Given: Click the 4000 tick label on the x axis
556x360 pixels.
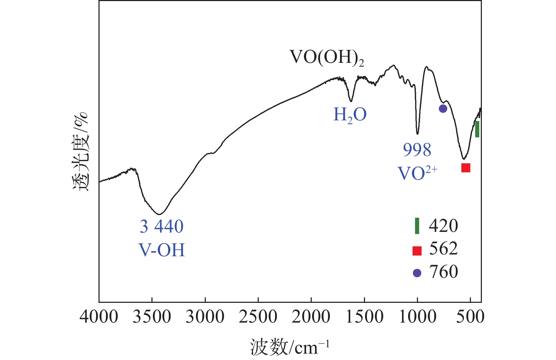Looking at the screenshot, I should pyautogui.click(x=99, y=317).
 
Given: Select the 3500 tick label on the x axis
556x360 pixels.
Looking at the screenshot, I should pyautogui.click(x=152, y=317).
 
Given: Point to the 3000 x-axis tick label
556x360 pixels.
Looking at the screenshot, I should pyautogui.click(x=205, y=317).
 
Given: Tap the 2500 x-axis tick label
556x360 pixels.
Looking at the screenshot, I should pyautogui.click(x=258, y=317).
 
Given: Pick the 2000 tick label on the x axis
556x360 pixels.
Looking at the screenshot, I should pyautogui.click(x=311, y=317).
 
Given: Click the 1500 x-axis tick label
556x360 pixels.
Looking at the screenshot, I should pyautogui.click(x=364, y=317).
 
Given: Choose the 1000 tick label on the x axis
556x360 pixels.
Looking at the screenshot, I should pyautogui.click(x=417, y=317).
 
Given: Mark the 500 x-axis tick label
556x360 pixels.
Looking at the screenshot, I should pyautogui.click(x=470, y=317).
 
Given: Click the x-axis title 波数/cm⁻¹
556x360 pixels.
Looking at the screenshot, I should pyautogui.click(x=289, y=347).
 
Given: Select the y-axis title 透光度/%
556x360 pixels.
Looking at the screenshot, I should pyautogui.click(x=80, y=152).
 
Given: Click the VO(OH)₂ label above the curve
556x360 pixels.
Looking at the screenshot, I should pyautogui.click(x=327, y=58).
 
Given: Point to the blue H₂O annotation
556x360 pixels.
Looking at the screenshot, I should pyautogui.click(x=350, y=115).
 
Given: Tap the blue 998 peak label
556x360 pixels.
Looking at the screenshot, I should pyautogui.click(x=417, y=150).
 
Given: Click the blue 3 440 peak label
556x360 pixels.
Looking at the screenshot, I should pyautogui.click(x=162, y=227).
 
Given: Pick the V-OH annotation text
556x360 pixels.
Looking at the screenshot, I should pyautogui.click(x=162, y=250).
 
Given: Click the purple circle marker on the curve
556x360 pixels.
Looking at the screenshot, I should pyautogui.click(x=443, y=109).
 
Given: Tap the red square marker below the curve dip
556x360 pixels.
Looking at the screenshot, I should pyautogui.click(x=466, y=168).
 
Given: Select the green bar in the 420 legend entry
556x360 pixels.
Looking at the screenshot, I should pyautogui.click(x=417, y=226).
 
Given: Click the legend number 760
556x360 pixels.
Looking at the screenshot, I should pyautogui.click(x=443, y=272).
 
